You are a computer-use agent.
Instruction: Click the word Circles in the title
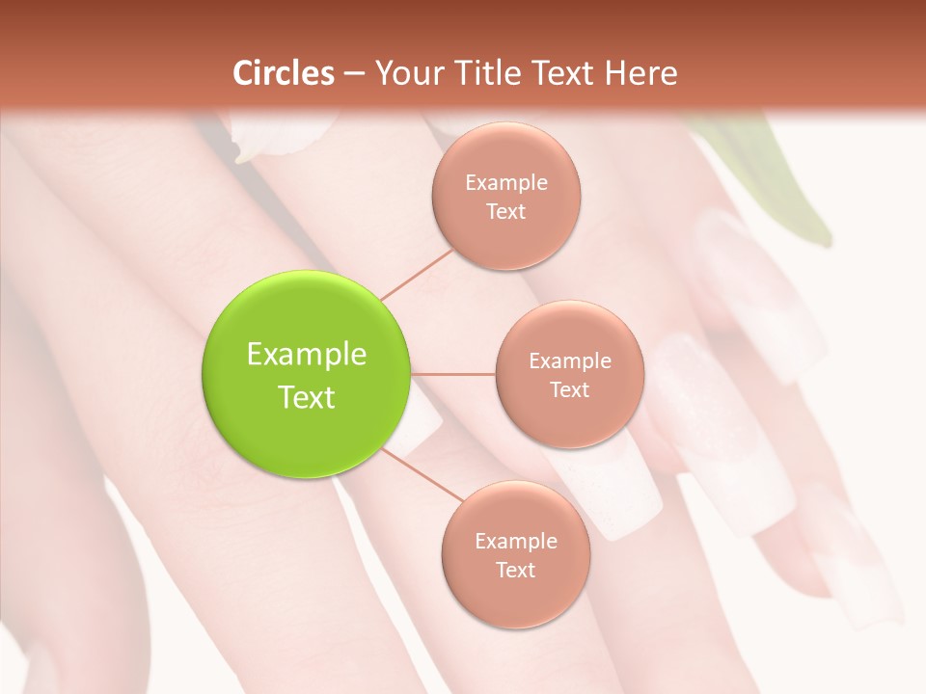click(284, 73)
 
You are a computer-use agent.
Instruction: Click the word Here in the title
click(641, 73)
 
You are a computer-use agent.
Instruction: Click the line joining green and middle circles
click(453, 374)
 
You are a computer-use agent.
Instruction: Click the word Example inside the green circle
click(307, 355)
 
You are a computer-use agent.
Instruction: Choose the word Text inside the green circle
click(307, 397)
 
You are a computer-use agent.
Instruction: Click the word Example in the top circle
click(506, 183)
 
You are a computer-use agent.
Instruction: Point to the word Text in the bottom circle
click(515, 570)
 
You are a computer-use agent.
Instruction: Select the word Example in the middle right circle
click(570, 360)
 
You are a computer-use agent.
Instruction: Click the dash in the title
click(353, 73)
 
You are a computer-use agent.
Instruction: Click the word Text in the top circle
click(506, 212)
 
